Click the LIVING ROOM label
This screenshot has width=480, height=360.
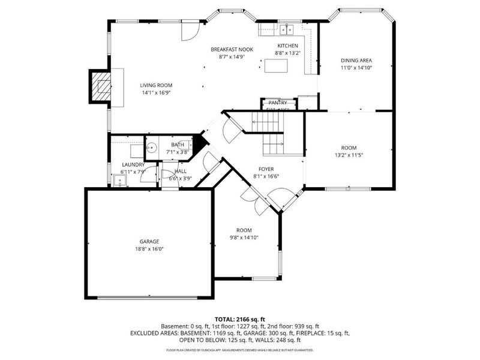(157, 85)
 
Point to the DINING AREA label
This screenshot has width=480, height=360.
(356, 61)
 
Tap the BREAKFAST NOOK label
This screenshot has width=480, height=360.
(232, 49)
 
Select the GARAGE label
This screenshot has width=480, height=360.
(149, 241)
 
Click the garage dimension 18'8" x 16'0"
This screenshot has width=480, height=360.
(149, 249)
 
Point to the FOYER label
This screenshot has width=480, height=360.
(266, 169)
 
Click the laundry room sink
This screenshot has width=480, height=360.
(119, 181)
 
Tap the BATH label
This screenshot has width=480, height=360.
(178, 145)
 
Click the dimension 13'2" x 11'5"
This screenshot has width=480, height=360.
(349, 155)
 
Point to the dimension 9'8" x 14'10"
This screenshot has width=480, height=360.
(244, 238)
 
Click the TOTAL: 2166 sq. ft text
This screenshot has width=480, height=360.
(240, 319)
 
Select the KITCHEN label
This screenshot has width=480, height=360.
(287, 46)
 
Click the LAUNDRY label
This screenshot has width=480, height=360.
(133, 164)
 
